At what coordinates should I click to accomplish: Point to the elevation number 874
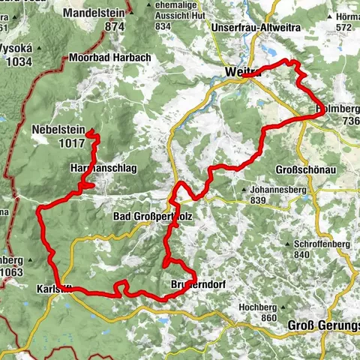point(114,27)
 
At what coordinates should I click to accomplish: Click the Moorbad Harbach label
point(109,58)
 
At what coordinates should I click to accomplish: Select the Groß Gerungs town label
point(324,325)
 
